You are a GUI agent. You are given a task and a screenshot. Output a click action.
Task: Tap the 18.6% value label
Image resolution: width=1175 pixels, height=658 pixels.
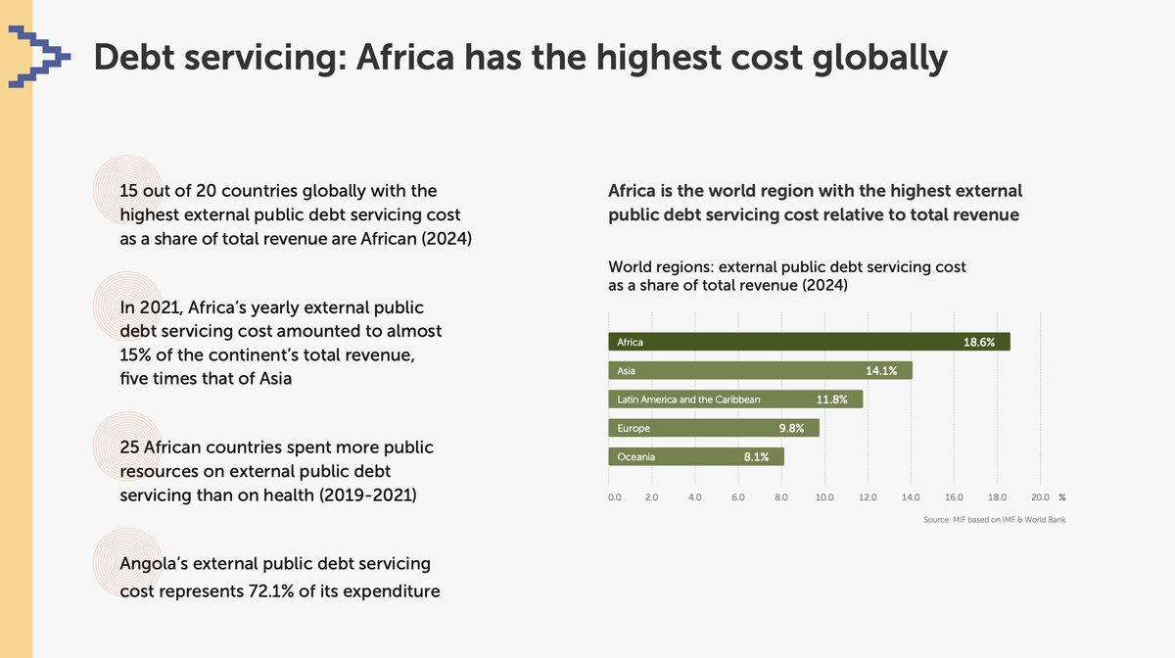coord(979,343)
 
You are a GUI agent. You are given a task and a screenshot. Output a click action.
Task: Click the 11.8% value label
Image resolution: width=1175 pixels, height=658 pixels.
coord(832,399)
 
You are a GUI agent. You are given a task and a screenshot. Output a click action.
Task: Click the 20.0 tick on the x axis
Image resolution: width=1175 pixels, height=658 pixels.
coord(1040,497)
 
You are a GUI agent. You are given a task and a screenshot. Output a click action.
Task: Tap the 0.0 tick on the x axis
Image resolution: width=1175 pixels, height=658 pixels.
coord(615,497)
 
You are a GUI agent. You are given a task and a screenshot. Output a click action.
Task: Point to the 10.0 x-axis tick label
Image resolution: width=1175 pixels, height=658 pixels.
coord(824,497)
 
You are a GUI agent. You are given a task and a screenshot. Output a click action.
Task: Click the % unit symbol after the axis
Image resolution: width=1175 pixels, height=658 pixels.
coord(1062,497)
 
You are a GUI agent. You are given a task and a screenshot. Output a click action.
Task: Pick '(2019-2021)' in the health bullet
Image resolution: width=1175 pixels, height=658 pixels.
coord(366,495)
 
